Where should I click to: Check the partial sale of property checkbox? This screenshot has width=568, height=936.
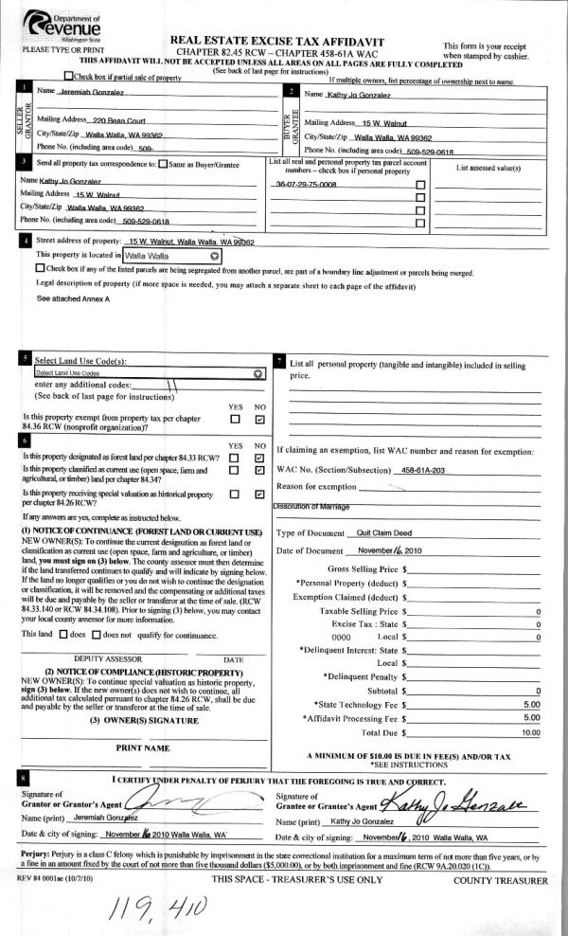pyautogui.click(x=67, y=76)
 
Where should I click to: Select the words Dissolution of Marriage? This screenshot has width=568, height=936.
pyautogui.click(x=312, y=507)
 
